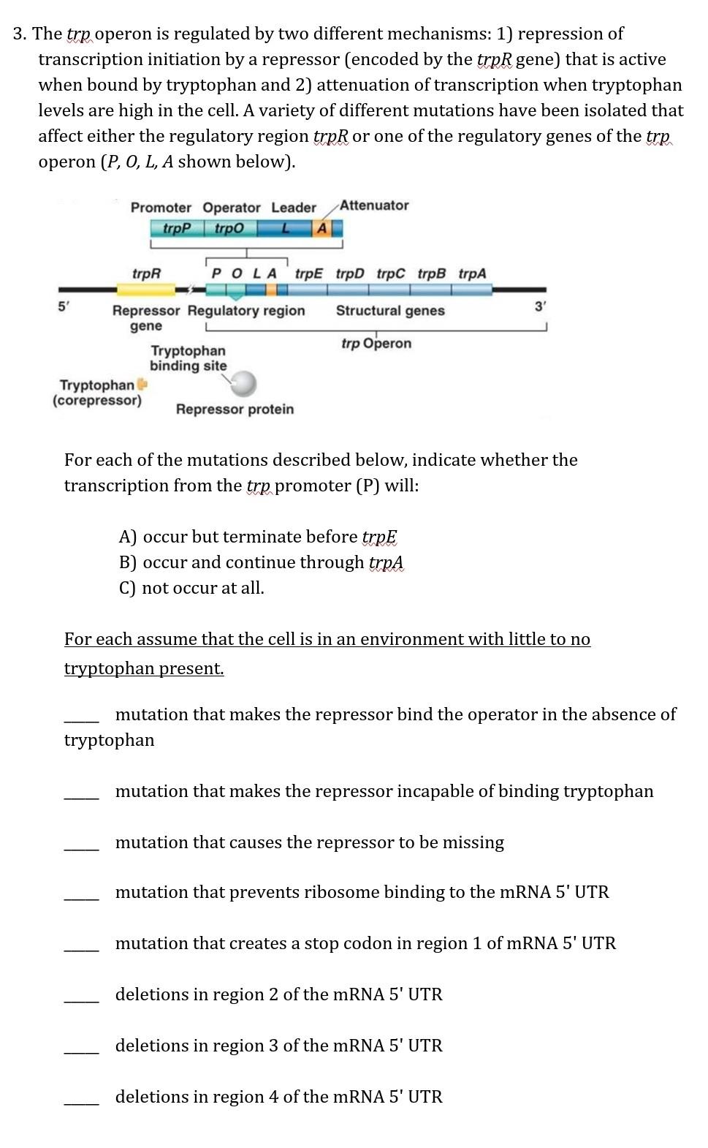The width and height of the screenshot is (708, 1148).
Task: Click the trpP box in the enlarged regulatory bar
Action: (x=176, y=229)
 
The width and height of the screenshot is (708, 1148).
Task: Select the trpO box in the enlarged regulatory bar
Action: (x=229, y=229)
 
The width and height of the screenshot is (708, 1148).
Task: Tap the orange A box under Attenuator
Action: (x=321, y=229)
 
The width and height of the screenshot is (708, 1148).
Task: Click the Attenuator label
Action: (x=374, y=205)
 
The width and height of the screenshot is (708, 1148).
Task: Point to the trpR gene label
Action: (x=146, y=273)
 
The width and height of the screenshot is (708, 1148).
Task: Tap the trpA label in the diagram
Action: (x=472, y=273)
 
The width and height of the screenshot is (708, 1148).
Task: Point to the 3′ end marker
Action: (x=540, y=307)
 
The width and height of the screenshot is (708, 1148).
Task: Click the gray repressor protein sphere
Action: (x=244, y=382)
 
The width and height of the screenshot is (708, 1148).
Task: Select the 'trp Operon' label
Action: (x=376, y=344)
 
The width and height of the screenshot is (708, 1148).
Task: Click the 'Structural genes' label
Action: (x=390, y=311)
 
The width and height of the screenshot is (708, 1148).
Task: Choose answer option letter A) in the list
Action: (x=128, y=537)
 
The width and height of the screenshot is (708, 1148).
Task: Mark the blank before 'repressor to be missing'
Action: (x=81, y=847)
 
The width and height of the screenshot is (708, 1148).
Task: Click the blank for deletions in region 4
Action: (x=81, y=1102)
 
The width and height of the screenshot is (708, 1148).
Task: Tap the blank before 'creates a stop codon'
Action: (x=81, y=948)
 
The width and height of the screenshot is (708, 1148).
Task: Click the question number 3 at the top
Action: (x=20, y=34)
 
